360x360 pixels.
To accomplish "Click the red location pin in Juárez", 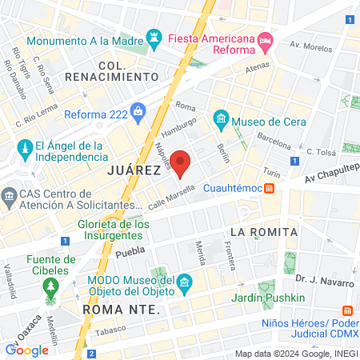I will tap(182, 162).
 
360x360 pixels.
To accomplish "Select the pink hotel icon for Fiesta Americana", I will tap(266, 39).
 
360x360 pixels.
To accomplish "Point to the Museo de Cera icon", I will tap(221, 121).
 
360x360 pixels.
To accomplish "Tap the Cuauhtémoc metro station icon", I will tap(270, 189).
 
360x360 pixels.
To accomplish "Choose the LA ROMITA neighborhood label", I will tap(263, 231).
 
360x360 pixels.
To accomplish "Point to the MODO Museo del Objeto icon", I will tap(186, 282).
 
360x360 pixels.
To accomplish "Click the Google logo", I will tap(26, 350).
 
